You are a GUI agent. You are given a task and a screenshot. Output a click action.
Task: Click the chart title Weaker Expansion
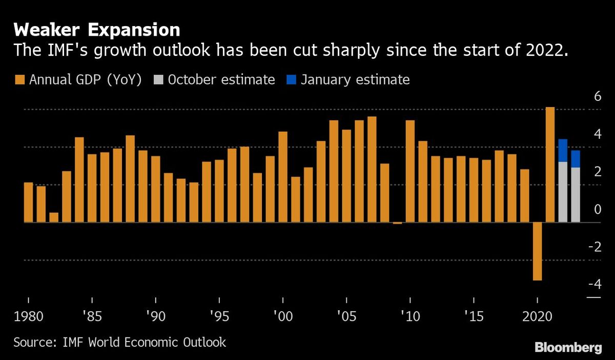pyautogui.click(x=97, y=29)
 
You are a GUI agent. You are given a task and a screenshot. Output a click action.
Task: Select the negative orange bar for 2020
pyautogui.click(x=537, y=251)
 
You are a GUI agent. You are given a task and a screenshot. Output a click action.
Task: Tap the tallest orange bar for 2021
pyautogui.click(x=550, y=164)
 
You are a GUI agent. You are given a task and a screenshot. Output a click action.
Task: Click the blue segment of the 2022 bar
pyautogui.click(x=563, y=150)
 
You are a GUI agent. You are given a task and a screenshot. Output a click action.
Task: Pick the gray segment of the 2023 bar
pyautogui.click(x=576, y=195)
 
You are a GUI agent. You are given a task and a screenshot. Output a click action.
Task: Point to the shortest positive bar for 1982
pyautogui.click(x=54, y=217)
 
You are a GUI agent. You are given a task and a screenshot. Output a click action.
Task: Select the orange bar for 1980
pyautogui.click(x=28, y=202)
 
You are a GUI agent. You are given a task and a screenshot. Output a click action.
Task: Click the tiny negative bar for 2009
pyautogui.click(x=397, y=223)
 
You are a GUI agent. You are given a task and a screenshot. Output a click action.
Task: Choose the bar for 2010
pyautogui.click(x=410, y=171)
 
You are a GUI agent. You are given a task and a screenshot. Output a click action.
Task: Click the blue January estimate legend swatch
pyautogui.click(x=291, y=80)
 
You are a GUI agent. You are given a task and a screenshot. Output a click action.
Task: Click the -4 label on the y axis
pyautogui.click(x=594, y=285)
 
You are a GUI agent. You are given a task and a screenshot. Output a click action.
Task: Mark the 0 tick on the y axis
pyautogui.click(x=597, y=209)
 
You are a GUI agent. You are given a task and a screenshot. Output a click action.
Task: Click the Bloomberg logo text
pyautogui.click(x=568, y=348)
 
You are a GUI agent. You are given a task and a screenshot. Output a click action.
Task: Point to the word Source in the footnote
pyautogui.click(x=31, y=342)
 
